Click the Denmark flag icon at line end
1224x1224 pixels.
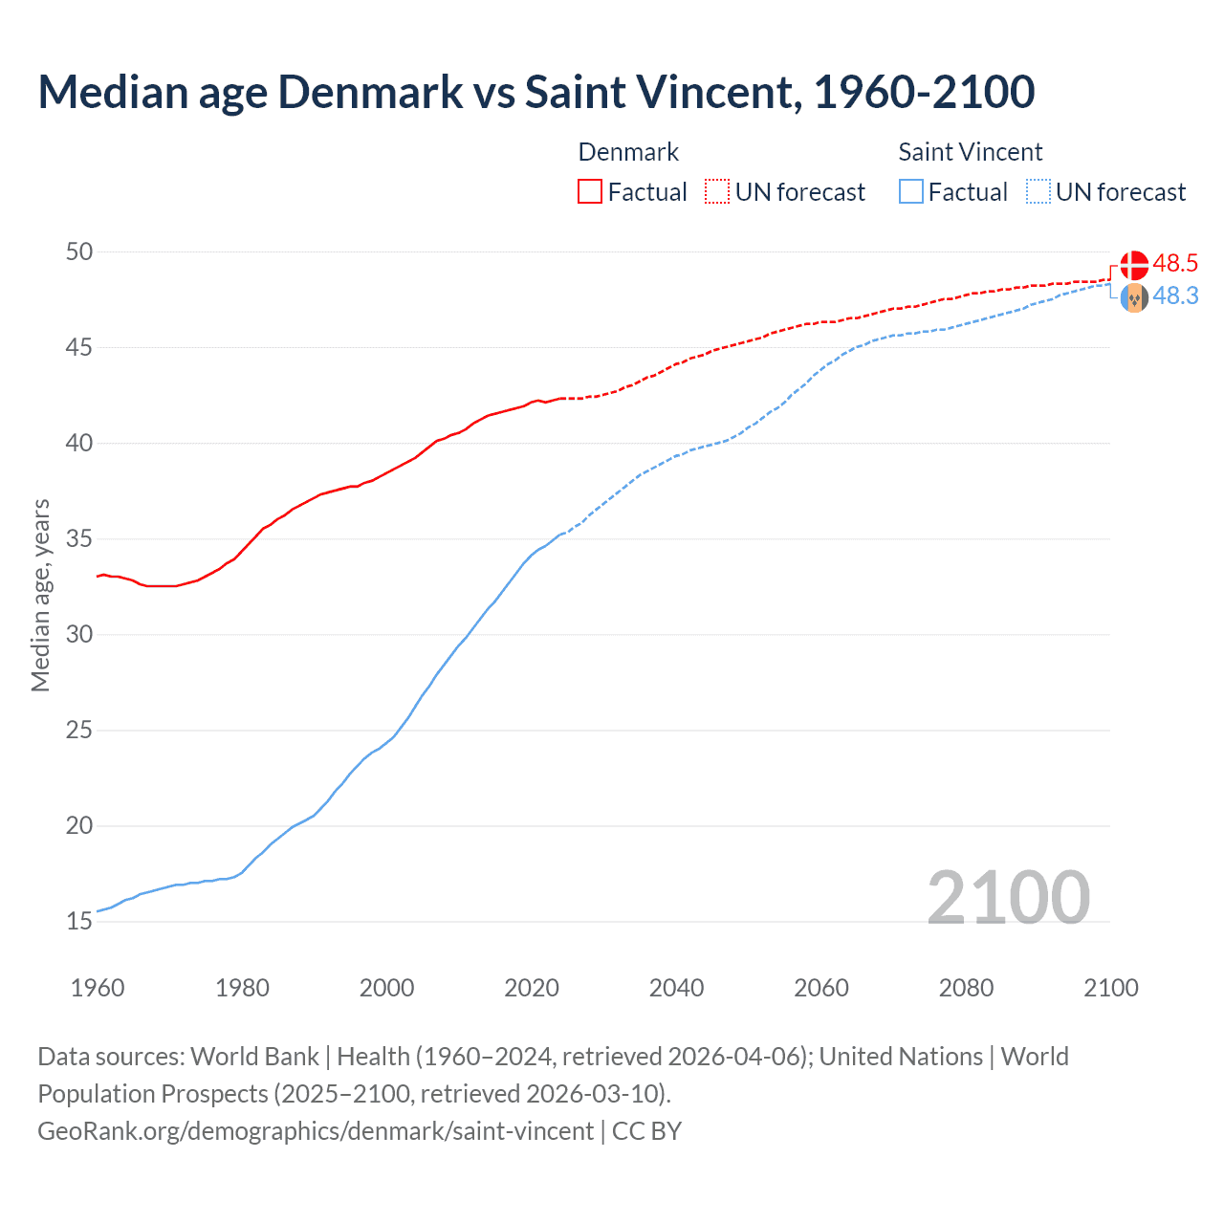(1134, 265)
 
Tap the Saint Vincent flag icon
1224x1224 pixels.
(1134, 298)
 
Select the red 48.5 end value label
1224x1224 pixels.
(1175, 264)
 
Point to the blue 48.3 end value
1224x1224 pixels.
(1175, 296)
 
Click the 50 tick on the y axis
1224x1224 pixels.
(79, 251)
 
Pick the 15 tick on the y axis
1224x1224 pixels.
(79, 922)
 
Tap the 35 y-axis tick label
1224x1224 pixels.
(79, 539)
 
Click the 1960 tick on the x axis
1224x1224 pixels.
(98, 988)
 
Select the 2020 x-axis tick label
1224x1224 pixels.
(532, 988)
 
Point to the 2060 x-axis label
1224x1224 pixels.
(821, 988)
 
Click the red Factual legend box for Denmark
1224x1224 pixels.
(590, 192)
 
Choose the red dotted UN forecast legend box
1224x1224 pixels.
(717, 192)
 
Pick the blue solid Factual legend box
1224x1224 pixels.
(911, 192)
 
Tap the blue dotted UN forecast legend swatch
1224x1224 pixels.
(1038, 192)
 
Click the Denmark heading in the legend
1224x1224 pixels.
(628, 152)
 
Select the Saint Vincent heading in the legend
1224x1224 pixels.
(970, 152)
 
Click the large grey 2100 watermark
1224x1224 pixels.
(1008, 897)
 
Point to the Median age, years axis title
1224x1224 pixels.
(40, 595)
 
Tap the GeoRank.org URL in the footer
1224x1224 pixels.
(316, 1131)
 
